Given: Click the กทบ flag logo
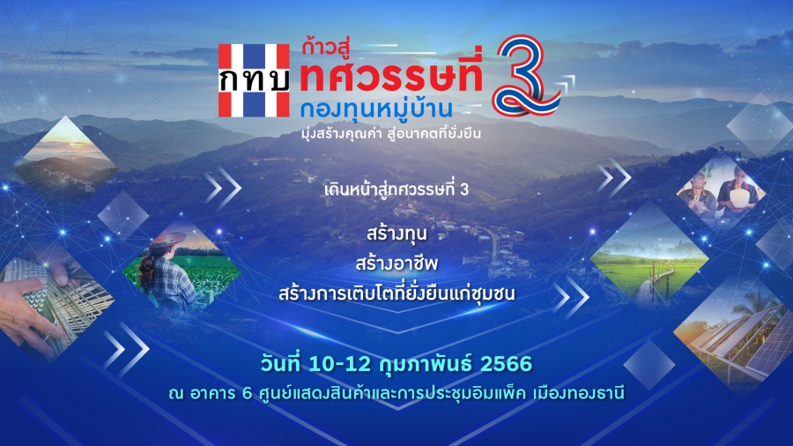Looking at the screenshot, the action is point(254,80).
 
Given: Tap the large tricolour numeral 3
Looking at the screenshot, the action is point(527,75).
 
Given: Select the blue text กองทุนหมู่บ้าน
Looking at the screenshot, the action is point(375,108).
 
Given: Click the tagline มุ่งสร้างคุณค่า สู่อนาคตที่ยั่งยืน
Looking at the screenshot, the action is point(390,133).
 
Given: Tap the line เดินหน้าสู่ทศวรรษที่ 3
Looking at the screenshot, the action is point(396,190).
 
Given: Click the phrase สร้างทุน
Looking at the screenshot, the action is point(396,233).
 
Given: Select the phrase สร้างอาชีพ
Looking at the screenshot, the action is point(396,263).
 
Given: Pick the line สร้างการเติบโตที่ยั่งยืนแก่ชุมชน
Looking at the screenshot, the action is point(396,294).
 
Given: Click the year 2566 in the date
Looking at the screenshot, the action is point(506,364).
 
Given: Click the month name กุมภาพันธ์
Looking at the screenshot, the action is point(425,364).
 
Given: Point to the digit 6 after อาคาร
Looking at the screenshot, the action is point(247,393).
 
